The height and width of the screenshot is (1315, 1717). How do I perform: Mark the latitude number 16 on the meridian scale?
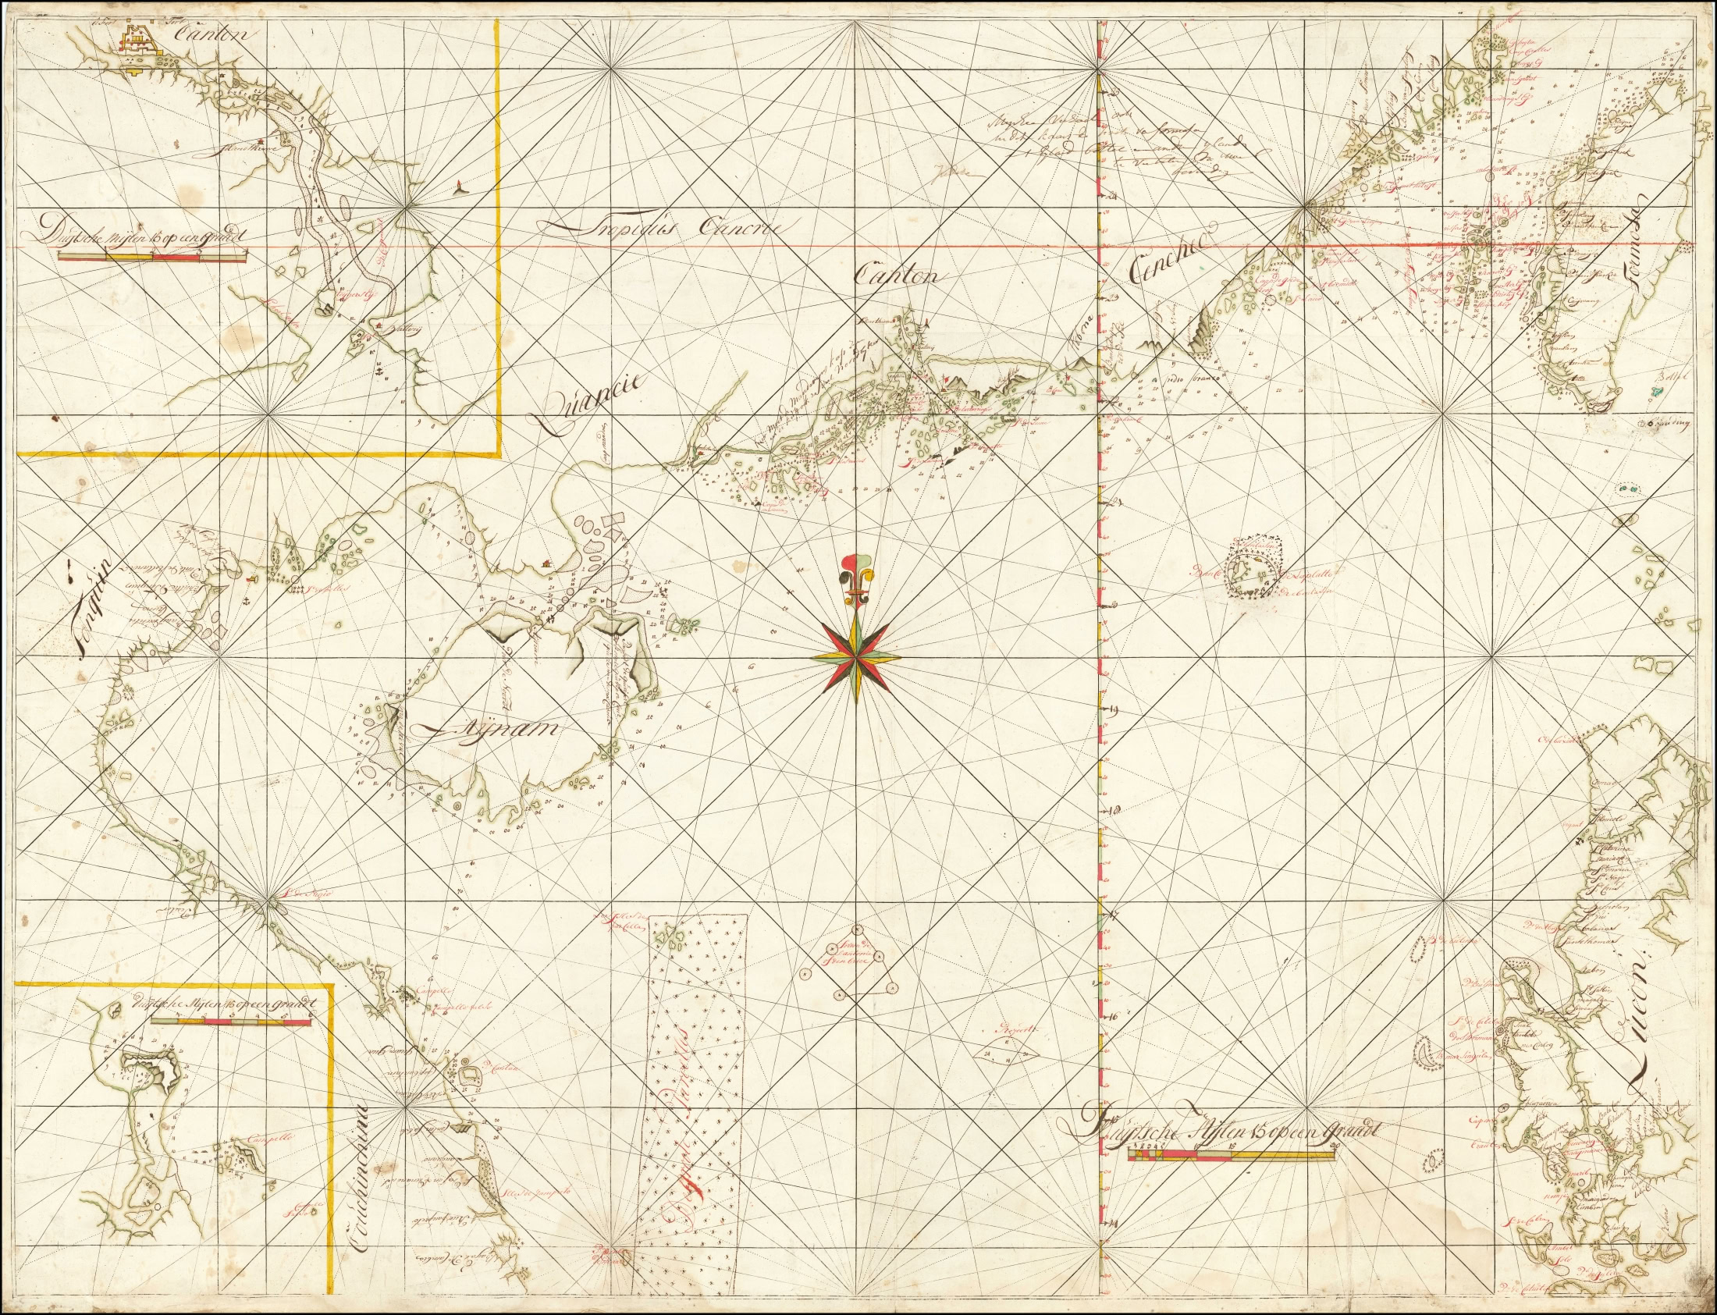tap(1114, 1015)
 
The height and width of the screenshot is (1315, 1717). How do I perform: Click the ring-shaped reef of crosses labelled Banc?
tap(1252, 567)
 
